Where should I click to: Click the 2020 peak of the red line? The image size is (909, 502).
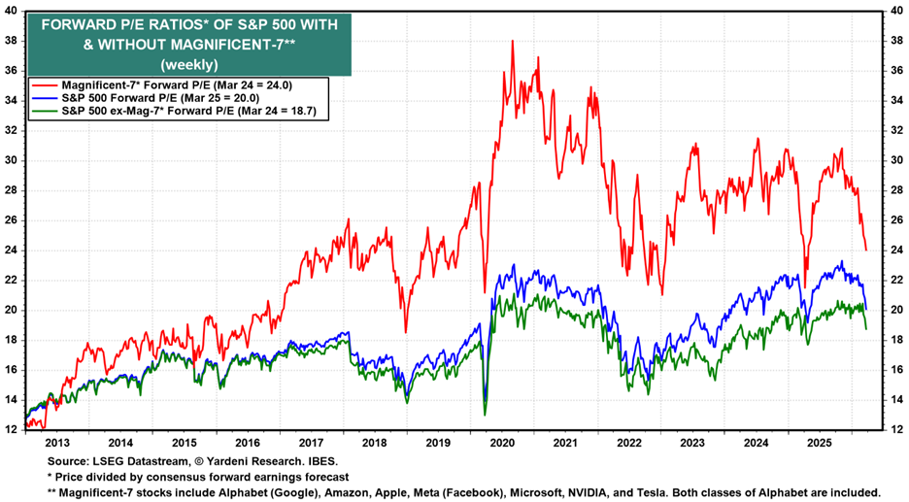[x=512, y=42]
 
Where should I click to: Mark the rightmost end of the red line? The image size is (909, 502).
[x=865, y=250]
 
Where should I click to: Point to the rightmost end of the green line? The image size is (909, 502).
[x=866, y=328]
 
